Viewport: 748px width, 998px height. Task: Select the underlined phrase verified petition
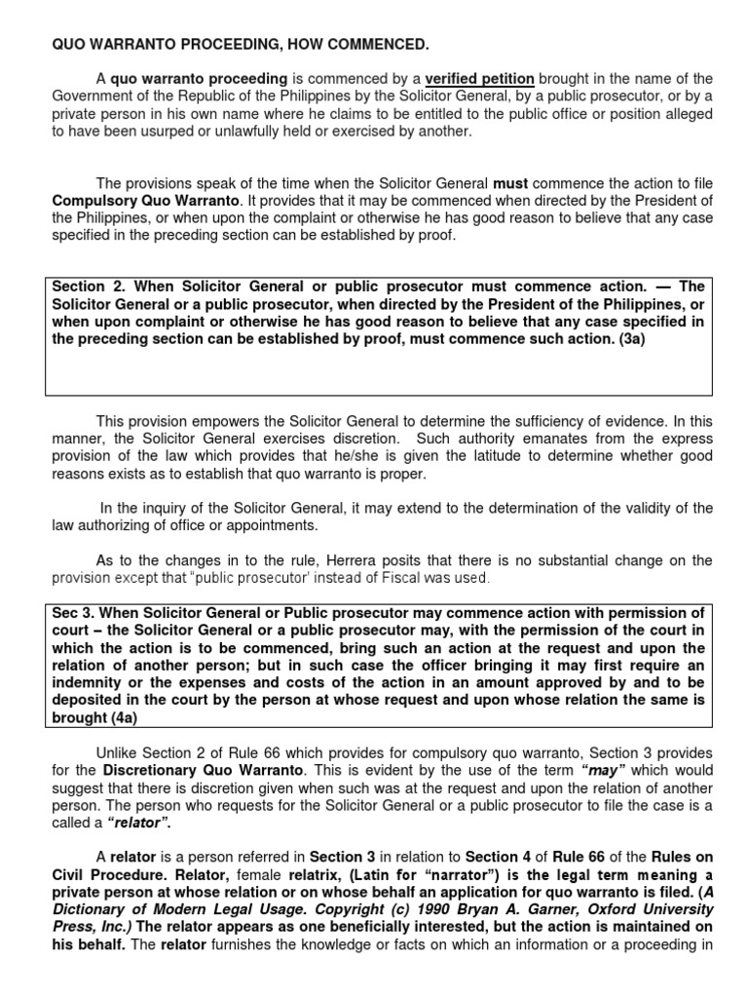(479, 78)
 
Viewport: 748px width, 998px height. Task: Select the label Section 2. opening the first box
(87, 287)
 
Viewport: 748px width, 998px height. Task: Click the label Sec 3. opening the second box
(75, 613)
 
